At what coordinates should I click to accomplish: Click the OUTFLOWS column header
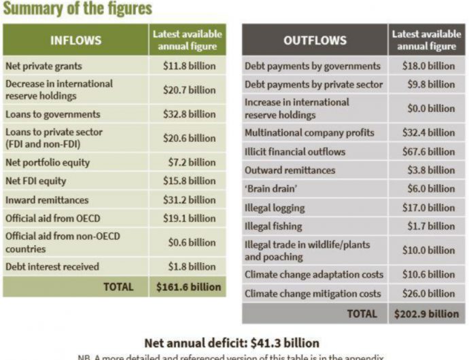pos(315,41)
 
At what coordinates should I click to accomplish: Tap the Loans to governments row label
pos(52,114)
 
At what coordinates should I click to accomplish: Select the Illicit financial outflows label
pos(295,151)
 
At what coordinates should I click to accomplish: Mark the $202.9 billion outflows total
pos(426,314)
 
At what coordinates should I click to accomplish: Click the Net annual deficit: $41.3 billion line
pos(232,343)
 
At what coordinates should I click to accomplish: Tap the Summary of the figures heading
pos(77,9)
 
